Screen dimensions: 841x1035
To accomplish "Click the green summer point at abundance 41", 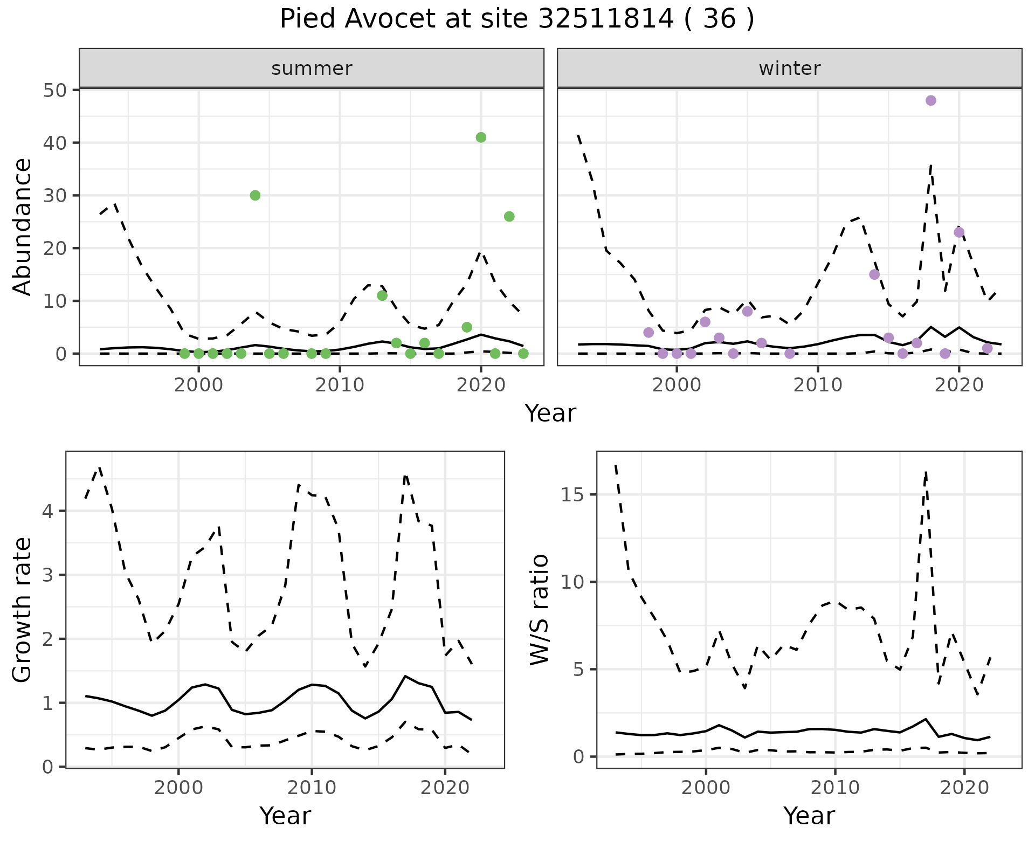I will [481, 137].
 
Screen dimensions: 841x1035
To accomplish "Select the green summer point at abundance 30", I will [255, 195].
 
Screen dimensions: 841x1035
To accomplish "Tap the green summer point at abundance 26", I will [509, 217].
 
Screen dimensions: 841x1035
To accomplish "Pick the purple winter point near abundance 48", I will [930, 101].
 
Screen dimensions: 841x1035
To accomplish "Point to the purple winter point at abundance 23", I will [959, 232].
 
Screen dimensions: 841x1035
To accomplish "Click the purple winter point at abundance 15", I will [874, 274].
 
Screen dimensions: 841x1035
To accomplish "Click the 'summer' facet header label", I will [312, 68].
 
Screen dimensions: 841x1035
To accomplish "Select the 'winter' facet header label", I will [789, 68].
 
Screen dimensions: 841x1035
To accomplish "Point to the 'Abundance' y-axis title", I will [23, 227].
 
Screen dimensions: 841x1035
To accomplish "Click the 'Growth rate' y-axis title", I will [23, 610].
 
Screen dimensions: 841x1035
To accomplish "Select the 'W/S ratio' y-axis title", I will [540, 610].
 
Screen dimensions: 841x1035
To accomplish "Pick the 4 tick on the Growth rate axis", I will [47, 511].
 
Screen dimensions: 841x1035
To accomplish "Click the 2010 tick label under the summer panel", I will [340, 385].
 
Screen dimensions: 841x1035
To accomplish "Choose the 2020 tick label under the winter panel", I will [958, 385].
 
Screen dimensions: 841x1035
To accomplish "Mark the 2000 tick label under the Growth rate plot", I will [178, 788].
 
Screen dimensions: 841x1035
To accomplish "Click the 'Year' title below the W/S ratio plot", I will [809, 816].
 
